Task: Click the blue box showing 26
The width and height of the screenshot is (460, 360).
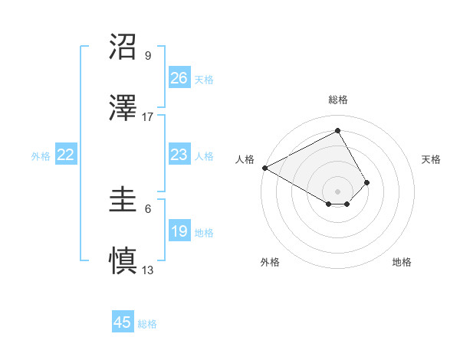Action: point(179,78)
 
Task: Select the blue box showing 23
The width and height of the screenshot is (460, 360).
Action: point(179,155)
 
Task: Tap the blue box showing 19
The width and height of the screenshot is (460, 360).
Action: point(179,231)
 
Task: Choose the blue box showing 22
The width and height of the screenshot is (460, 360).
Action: point(66,155)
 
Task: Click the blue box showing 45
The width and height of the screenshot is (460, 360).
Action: point(123,322)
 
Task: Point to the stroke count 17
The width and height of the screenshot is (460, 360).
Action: point(148,117)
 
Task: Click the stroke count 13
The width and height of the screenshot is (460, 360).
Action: point(148,270)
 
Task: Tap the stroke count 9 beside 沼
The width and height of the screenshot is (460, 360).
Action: point(148,56)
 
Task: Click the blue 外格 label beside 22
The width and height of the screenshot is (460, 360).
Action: point(41,156)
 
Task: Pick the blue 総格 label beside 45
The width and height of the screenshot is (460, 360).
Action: point(147,324)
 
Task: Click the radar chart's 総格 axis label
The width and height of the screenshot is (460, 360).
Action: point(337,100)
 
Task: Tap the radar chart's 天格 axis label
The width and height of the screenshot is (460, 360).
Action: point(432,159)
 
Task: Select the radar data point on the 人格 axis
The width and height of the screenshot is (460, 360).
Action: point(264,168)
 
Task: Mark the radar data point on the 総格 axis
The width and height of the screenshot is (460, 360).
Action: point(337,130)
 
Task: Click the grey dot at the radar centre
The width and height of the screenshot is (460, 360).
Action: point(337,191)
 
